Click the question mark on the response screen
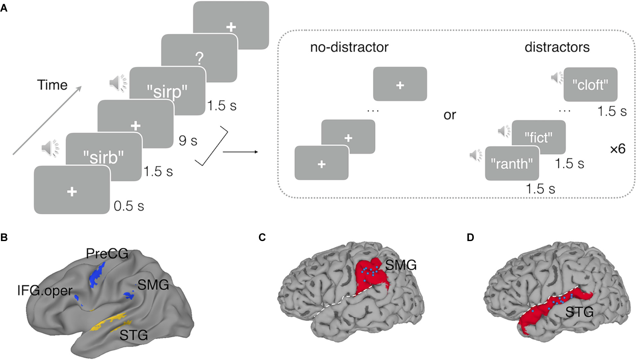(199, 59)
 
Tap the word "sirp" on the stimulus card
(167, 92)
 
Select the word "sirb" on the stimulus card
(103, 157)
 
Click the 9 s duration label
(188, 141)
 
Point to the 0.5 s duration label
(129, 206)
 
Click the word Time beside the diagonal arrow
(52, 85)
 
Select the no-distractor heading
(349, 47)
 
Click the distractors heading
(557, 47)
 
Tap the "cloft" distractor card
(590, 85)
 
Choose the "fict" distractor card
(538, 138)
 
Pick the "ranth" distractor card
(512, 164)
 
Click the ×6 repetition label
(617, 149)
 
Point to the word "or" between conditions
(450, 115)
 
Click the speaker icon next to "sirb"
(50, 148)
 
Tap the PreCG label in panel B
(107, 254)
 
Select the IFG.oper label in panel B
(45, 291)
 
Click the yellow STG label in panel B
(134, 335)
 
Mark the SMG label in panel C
(401, 265)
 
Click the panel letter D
(470, 238)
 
